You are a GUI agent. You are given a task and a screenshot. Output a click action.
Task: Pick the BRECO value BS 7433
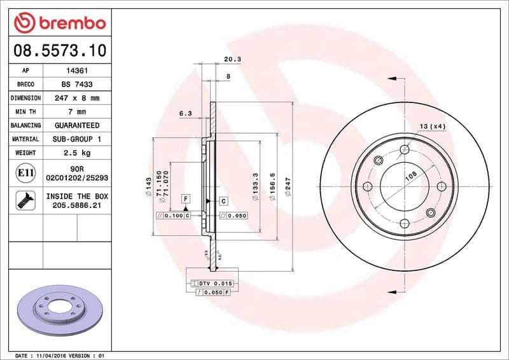pyautogui.click(x=77, y=85)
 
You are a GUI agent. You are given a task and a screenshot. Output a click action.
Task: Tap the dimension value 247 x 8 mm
pyautogui.click(x=77, y=99)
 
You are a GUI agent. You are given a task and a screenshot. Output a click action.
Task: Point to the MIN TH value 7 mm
pyautogui.click(x=77, y=112)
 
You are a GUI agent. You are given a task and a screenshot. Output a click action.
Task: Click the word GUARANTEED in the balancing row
pyautogui.click(x=77, y=125)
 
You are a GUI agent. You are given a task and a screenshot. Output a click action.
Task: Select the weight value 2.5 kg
pyautogui.click(x=77, y=153)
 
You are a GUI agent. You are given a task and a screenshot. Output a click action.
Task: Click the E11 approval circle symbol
pyautogui.click(x=25, y=172)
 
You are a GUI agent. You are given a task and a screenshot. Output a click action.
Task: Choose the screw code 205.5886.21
pyautogui.click(x=77, y=206)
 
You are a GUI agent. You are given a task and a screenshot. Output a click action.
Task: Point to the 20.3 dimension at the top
pyautogui.click(x=232, y=60)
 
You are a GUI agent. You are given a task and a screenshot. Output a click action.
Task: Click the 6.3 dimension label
pyautogui.click(x=186, y=113)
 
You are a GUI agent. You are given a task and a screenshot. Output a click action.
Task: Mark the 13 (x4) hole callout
pyautogui.click(x=433, y=126)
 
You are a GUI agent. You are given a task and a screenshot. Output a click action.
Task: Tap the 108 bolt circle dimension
pyautogui.click(x=411, y=173)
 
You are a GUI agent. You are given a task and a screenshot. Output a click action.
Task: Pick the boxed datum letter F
pyautogui.click(x=186, y=199)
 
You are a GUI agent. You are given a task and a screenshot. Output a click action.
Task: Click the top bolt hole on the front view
pyautogui.click(x=405, y=150)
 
